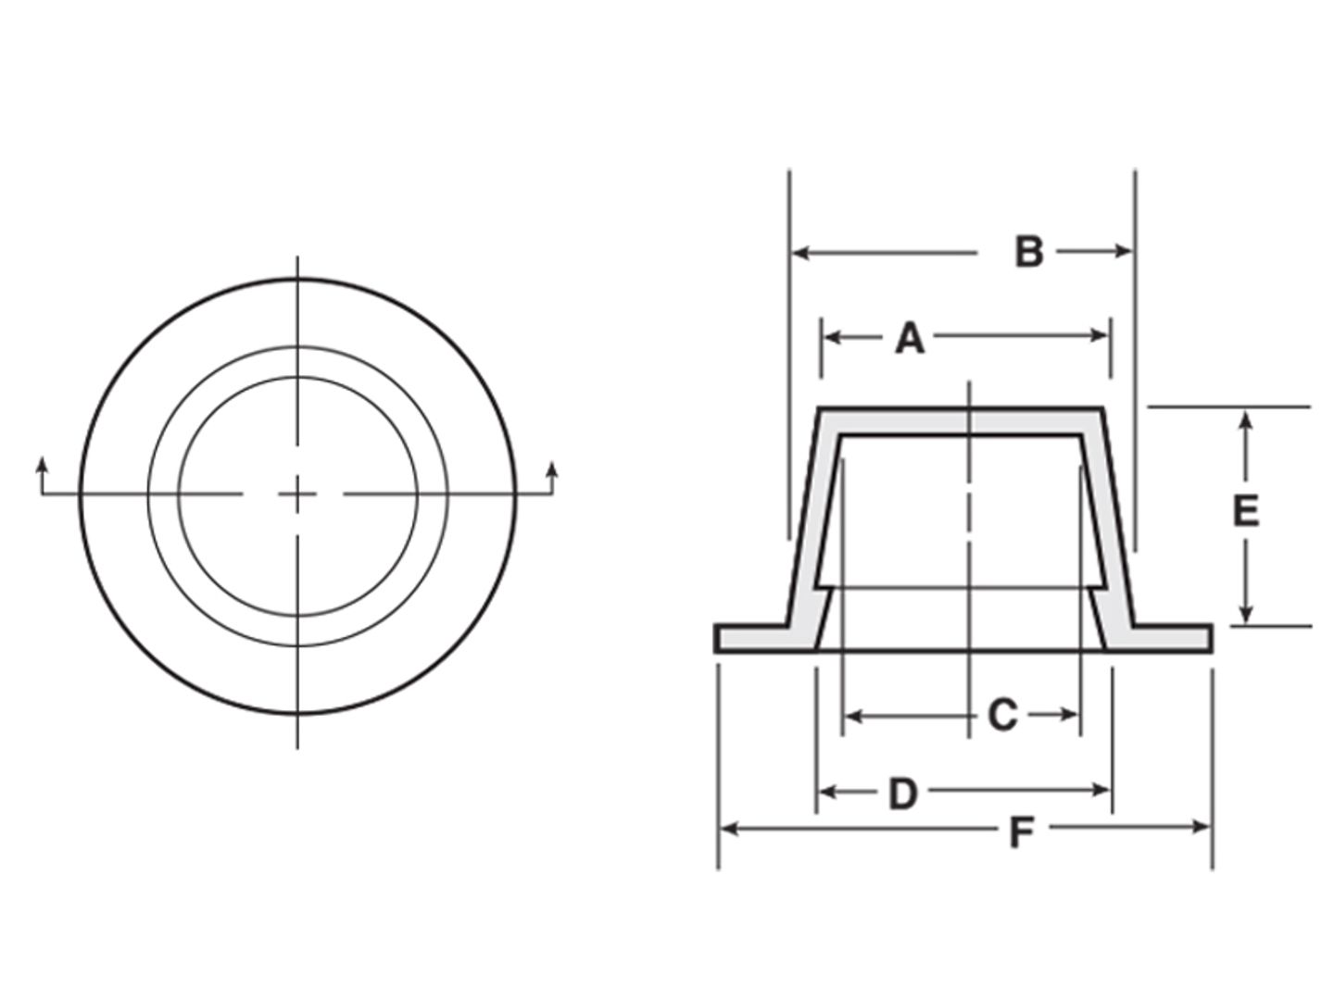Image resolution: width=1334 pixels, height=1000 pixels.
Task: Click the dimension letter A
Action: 910,339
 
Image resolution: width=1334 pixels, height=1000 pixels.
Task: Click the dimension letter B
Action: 1029,252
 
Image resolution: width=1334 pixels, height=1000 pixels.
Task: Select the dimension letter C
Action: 1002,715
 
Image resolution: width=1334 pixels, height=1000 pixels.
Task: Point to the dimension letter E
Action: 1246,510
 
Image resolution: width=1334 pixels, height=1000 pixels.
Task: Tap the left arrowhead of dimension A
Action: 831,338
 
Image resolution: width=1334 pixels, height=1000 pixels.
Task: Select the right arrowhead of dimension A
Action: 1100,335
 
